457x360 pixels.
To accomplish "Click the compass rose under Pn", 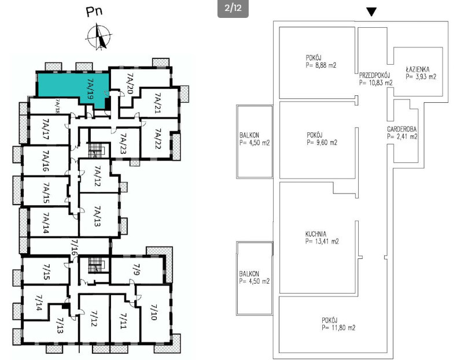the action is click(99, 37).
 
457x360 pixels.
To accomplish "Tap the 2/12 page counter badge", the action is click(233, 8).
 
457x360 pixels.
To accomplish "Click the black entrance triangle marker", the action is click(371, 12).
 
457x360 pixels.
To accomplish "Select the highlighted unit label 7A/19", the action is click(90, 89).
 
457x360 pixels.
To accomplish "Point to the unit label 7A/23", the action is click(124, 144).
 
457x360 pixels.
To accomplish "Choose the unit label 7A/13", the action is click(98, 216).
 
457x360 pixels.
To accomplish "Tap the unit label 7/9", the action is click(137, 270).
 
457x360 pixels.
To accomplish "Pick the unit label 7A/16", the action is click(46, 161).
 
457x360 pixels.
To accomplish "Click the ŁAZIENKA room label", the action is click(417, 69).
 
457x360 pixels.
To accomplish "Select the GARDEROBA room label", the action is click(401, 129).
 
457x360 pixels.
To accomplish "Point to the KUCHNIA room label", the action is click(316, 233).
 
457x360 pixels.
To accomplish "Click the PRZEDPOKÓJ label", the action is click(374, 75).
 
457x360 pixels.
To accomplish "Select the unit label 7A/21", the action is click(158, 103).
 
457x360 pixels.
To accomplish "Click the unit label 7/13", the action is click(60, 325).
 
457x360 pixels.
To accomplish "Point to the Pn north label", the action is click(94, 12).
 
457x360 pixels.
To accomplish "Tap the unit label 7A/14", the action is click(46, 223).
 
